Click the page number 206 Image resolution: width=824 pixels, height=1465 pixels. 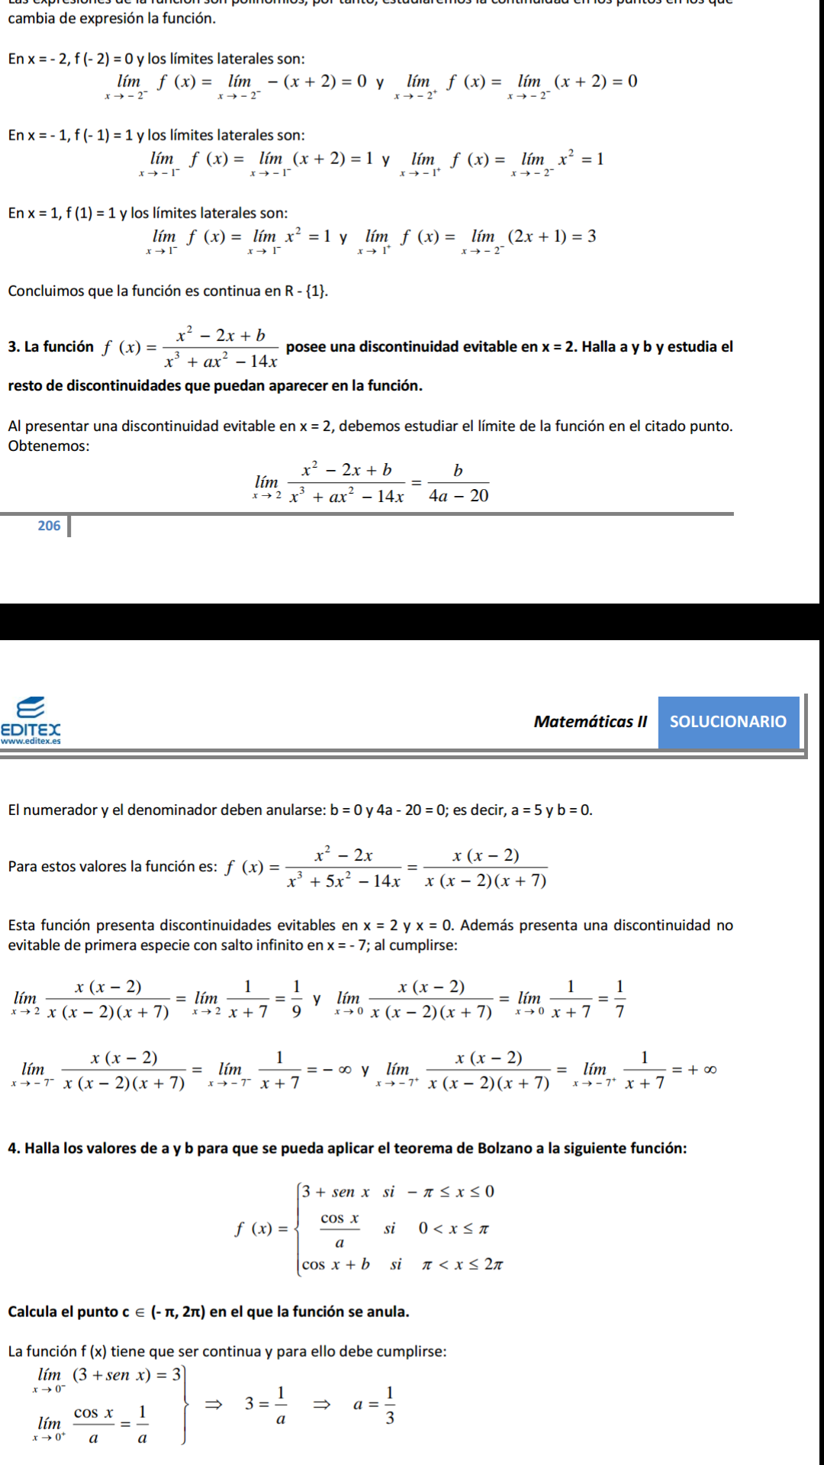click(x=49, y=526)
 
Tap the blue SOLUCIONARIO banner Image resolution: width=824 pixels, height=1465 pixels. click(x=728, y=722)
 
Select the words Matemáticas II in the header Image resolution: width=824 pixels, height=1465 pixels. click(x=590, y=722)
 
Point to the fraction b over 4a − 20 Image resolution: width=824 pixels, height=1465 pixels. click(x=458, y=484)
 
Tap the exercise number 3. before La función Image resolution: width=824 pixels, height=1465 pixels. click(x=14, y=347)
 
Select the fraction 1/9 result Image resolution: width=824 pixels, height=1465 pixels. click(x=296, y=999)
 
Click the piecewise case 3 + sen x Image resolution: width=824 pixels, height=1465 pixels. click(x=336, y=1192)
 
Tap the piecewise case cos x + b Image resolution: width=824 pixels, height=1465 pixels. click(x=336, y=1264)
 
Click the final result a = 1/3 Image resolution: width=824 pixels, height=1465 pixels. click(x=374, y=1405)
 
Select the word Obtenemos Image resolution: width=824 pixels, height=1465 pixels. click(x=48, y=446)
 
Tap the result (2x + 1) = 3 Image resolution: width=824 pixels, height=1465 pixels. click(x=552, y=237)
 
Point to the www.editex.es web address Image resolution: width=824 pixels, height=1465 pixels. click(x=31, y=741)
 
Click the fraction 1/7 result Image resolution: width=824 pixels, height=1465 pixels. click(x=620, y=999)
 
